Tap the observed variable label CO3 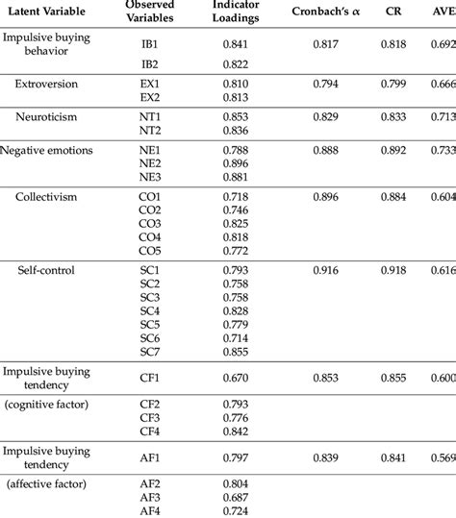click(x=149, y=223)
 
